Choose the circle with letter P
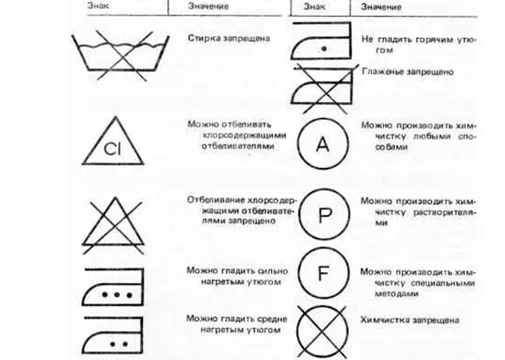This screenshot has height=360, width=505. [x=324, y=211]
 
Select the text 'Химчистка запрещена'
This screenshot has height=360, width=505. [x=409, y=320]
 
